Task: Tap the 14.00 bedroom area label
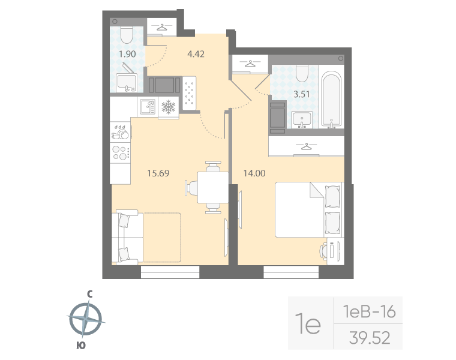(254, 174)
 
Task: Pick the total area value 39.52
(369, 338)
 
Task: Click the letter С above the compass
(89, 294)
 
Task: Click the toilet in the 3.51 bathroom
(302, 74)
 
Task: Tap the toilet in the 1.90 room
(127, 35)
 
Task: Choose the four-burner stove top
(121, 152)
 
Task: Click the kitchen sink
(147, 107)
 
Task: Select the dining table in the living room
(211, 187)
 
